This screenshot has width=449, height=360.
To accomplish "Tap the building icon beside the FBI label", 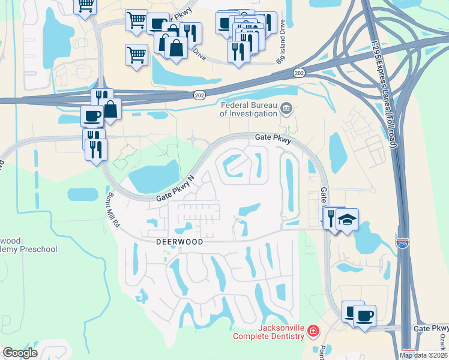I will (286, 109).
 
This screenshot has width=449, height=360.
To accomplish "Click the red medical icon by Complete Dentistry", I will (312, 331).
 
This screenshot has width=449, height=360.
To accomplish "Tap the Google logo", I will (20, 353).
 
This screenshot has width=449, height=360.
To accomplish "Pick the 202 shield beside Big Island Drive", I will (298, 73).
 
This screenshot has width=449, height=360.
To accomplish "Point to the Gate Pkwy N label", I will (176, 188).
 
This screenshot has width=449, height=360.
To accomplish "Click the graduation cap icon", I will (346, 220).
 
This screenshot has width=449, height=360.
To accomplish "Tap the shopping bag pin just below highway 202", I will (111, 109).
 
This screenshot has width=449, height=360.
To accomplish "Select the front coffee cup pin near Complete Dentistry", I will (364, 315).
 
